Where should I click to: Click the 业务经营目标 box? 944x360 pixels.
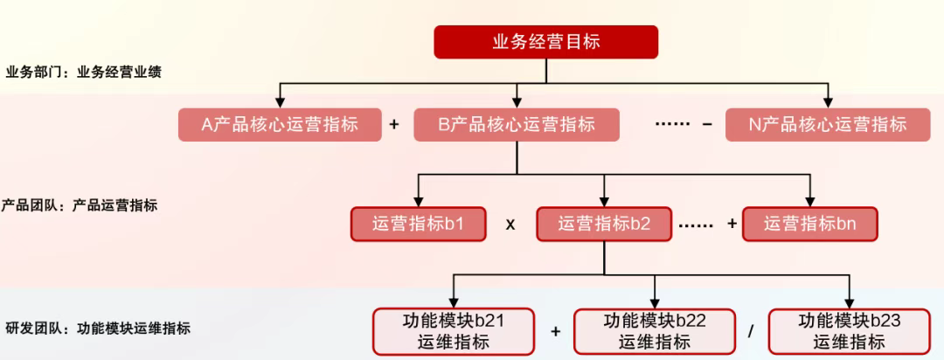(545, 42)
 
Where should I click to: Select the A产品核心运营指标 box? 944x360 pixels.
(280, 124)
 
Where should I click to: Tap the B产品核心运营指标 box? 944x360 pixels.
(517, 124)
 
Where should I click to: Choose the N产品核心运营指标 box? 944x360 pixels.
(827, 124)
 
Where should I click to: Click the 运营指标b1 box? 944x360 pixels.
(418, 224)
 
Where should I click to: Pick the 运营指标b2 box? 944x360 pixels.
(604, 224)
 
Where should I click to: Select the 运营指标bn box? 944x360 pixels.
(809, 224)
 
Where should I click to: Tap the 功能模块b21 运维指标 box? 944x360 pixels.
(454, 331)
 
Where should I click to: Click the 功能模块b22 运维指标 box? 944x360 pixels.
(655, 331)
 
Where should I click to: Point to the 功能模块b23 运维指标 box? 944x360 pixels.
(849, 331)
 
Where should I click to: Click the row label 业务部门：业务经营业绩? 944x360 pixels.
(83, 73)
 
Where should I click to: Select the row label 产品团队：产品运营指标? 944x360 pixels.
(80, 205)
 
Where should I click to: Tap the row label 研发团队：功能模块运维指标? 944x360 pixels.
(96, 329)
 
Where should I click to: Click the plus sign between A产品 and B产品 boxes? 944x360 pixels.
(394, 124)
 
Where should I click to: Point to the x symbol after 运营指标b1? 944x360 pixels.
(510, 225)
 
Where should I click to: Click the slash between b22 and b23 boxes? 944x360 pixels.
(751, 332)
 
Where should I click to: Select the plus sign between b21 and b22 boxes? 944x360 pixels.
(555, 332)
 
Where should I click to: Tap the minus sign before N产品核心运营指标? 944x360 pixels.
(707, 124)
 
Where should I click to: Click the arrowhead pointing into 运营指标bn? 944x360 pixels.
(809, 200)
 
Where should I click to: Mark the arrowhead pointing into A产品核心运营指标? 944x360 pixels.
(280, 100)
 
